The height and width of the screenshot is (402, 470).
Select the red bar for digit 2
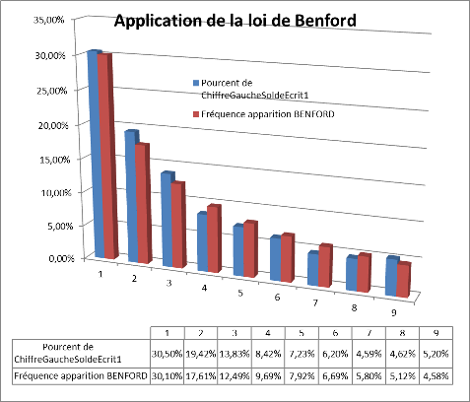143,204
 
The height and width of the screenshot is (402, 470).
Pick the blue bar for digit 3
168,220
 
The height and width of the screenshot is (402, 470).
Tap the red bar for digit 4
214,238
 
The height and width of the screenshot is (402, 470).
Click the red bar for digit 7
325,265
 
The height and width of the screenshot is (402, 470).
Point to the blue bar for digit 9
391,276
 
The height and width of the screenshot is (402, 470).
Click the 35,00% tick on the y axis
48,20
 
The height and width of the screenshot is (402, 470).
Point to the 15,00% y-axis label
53,160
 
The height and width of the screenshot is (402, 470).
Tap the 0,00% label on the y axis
61,258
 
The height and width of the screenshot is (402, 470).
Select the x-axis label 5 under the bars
240,293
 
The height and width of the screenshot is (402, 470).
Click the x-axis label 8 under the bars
354,308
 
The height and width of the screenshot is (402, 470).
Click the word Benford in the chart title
325,21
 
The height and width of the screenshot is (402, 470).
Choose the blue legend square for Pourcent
196,83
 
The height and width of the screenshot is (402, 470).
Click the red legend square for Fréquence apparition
196,114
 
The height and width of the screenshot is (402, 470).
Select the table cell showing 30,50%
168,354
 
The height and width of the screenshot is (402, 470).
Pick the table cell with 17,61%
201,376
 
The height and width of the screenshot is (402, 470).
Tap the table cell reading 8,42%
268,354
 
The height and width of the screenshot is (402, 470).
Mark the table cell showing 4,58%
436,376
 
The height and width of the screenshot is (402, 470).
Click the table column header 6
335,333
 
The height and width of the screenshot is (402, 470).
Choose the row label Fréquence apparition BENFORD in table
81,376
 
